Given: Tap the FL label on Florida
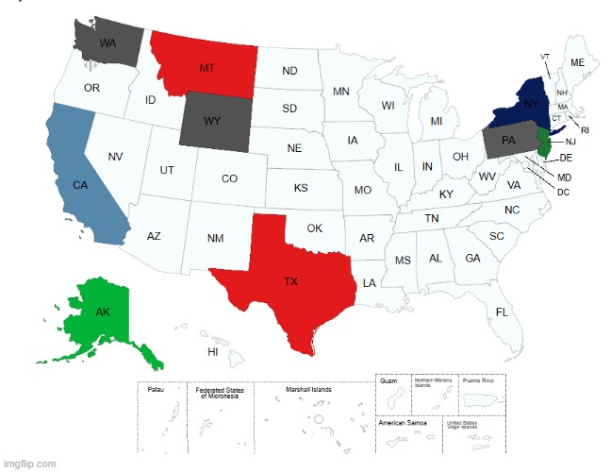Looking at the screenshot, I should pyautogui.click(x=502, y=312).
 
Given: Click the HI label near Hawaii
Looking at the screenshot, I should pyautogui.click(x=213, y=350).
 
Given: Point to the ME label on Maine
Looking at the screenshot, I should pyautogui.click(x=577, y=62).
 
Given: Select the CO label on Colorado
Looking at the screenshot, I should pyautogui.click(x=229, y=178).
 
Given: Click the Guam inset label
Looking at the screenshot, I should pyautogui.click(x=388, y=381).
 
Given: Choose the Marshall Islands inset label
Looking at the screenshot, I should pyautogui.click(x=309, y=388).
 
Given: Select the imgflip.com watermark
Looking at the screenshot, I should pyautogui.click(x=30, y=464).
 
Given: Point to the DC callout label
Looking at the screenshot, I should pyautogui.click(x=563, y=193).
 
